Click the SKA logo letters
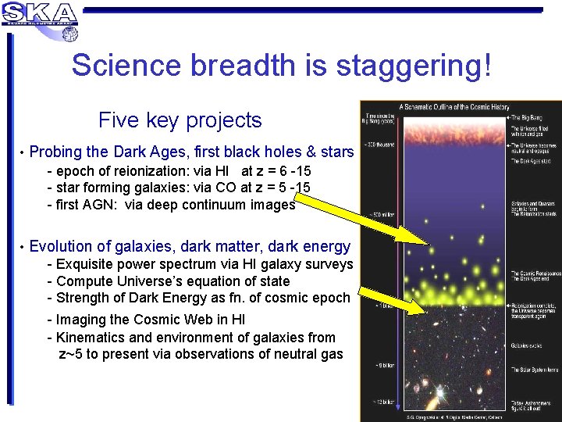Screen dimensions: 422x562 (40, 13)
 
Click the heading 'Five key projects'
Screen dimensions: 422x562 (180, 120)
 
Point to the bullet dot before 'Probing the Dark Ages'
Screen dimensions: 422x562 (23, 152)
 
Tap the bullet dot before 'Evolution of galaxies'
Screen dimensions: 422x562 (23, 247)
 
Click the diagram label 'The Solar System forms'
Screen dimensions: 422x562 (534, 368)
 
